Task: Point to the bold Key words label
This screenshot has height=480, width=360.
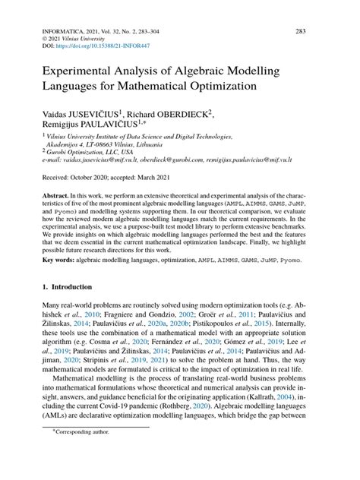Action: pos(59,261)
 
